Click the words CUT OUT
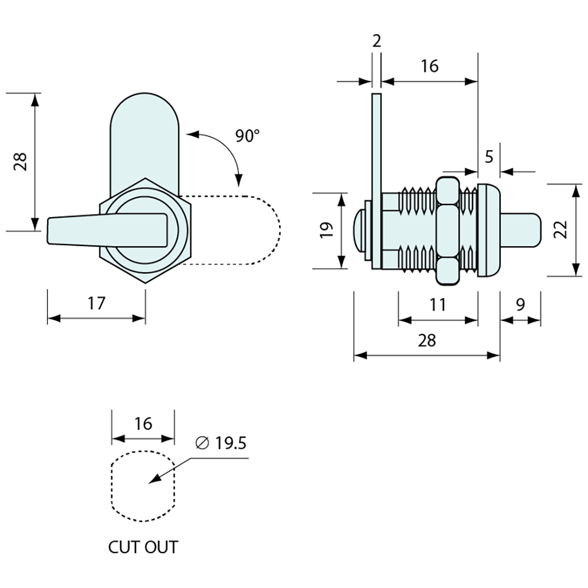click(143, 547)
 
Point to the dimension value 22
click(560, 229)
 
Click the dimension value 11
click(438, 305)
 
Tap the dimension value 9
click(520, 305)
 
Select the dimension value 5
click(489, 157)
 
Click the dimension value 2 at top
click(376, 41)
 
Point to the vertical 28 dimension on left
click(20, 161)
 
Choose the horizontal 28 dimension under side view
click(427, 340)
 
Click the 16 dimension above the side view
click(429, 66)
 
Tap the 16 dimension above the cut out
click(143, 423)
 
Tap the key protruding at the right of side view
click(521, 230)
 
